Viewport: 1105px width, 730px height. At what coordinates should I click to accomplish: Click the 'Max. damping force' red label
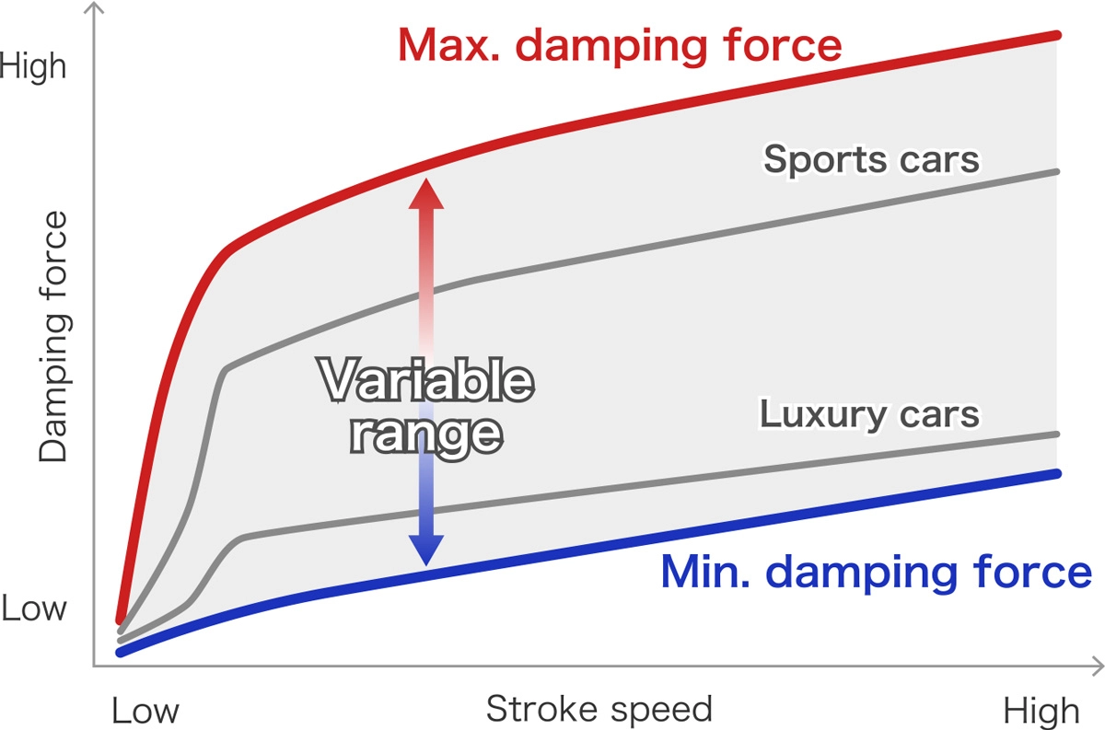(x=620, y=45)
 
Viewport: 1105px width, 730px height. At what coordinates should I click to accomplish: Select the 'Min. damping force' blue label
(x=876, y=573)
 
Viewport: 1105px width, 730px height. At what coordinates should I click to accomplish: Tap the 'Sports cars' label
(x=871, y=159)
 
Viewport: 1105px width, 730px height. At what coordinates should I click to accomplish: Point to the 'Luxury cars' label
(x=869, y=414)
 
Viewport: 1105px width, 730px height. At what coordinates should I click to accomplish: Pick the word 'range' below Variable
(x=425, y=432)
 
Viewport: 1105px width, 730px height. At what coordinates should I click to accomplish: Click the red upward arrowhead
(x=425, y=192)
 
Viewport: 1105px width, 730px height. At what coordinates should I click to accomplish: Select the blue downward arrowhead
(x=425, y=550)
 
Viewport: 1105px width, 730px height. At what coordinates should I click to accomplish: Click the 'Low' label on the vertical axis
(x=34, y=608)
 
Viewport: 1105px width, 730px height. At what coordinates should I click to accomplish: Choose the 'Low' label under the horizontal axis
(x=145, y=711)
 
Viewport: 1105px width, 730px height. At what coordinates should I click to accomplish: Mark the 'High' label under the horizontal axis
(x=1041, y=711)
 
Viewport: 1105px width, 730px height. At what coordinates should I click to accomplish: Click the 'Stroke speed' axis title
(x=599, y=709)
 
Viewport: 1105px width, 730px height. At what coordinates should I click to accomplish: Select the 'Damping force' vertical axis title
(x=53, y=337)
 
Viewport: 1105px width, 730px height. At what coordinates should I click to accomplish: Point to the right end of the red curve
(x=1058, y=35)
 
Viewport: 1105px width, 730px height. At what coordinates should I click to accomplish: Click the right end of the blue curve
(x=1058, y=473)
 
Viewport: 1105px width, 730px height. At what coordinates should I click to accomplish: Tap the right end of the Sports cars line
(x=1058, y=171)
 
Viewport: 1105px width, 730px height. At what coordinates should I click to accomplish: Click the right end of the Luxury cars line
(x=1058, y=434)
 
